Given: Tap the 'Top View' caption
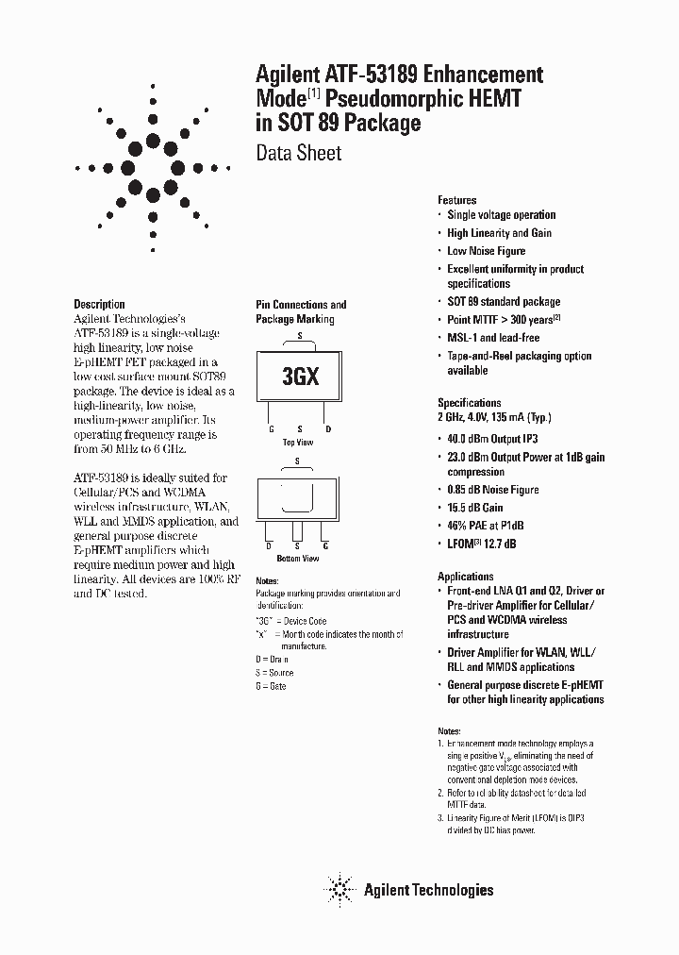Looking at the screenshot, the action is pos(298,442).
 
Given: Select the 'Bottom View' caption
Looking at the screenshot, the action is pos(298,559).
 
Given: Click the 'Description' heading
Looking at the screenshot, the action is pos(99,305).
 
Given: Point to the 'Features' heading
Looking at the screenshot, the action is pos(457,200).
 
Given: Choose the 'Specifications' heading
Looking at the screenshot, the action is pos(470,402).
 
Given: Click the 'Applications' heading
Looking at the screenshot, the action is pos(466,577).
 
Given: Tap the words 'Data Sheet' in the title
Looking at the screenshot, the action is pos(299,153).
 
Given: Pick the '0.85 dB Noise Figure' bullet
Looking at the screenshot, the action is pos(493,490).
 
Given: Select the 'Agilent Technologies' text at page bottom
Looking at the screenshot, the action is pos(428,889).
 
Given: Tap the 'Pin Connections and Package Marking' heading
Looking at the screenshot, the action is pos(301,311).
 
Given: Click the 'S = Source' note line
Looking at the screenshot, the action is pos(274,673).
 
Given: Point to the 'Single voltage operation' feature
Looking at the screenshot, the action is pos(502,215).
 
